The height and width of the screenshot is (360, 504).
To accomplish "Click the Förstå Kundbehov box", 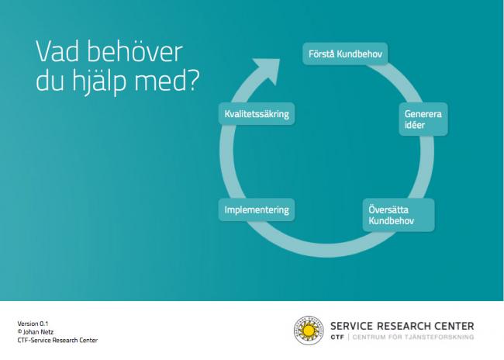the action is pyautogui.click(x=345, y=54).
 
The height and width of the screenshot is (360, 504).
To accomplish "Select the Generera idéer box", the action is pyautogui.click(x=423, y=119).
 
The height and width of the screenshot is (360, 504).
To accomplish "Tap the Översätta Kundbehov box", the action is pyautogui.click(x=399, y=215).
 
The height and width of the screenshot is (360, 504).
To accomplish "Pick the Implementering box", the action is pyautogui.click(x=257, y=209).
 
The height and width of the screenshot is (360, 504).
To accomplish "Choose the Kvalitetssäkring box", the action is pyautogui.click(x=257, y=114).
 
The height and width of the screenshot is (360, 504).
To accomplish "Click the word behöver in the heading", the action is pyautogui.click(x=135, y=51).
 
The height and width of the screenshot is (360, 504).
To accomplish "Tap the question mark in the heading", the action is pyautogui.click(x=193, y=80).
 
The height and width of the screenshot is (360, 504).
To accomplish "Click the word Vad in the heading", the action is pyautogui.click(x=57, y=51).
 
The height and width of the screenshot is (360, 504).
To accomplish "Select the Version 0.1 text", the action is pyautogui.click(x=33, y=324).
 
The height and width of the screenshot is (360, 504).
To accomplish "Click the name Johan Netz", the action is pyautogui.click(x=38, y=332).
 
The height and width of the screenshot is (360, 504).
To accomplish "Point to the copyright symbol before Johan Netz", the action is pyautogui.click(x=19, y=331).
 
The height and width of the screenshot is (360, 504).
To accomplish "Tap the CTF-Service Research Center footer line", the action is pyautogui.click(x=57, y=340).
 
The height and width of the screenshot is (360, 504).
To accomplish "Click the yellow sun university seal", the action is pyautogui.click(x=309, y=331).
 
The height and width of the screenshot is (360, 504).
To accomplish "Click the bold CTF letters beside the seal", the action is pyautogui.click(x=337, y=337).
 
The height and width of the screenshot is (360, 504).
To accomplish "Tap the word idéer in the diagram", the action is pyautogui.click(x=415, y=125).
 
